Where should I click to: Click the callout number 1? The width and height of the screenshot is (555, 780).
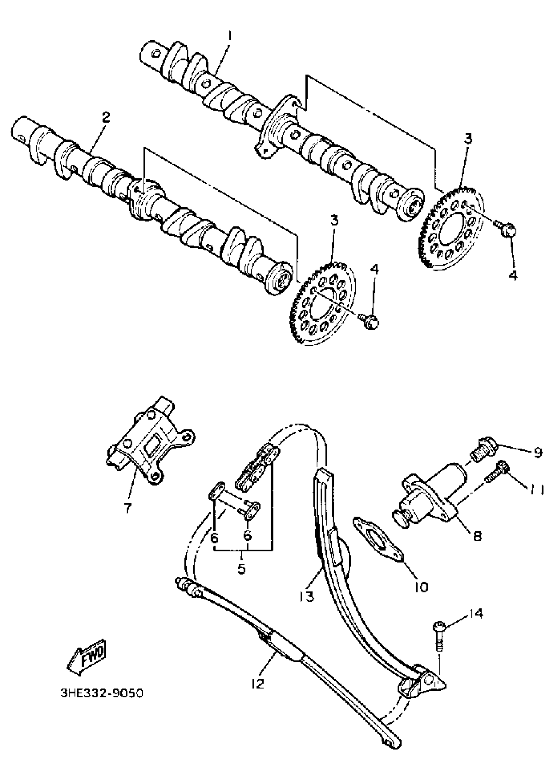pos(230,36)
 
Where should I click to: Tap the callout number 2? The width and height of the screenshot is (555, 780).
pos(106,118)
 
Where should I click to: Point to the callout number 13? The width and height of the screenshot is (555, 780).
pos(307,597)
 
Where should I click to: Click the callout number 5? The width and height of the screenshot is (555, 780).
pos(241,568)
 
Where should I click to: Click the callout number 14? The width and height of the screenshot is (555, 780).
pos(476,613)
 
